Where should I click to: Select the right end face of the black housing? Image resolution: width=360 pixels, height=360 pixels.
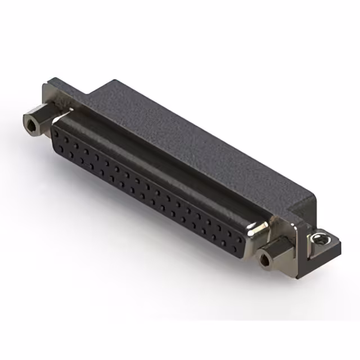(x=304, y=208)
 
